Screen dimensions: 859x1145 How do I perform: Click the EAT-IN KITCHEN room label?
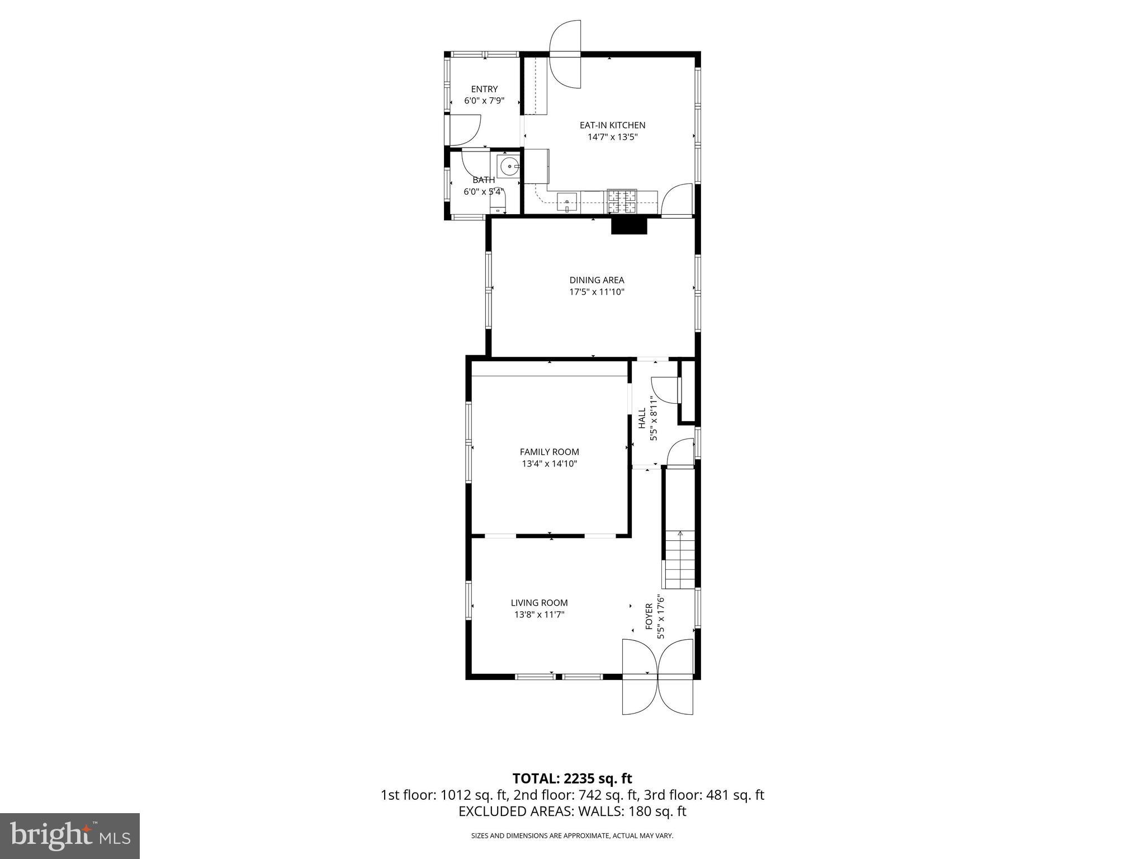tap(612, 125)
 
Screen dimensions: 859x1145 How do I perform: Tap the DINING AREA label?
tap(597, 280)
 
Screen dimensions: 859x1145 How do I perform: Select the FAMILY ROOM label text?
tap(549, 452)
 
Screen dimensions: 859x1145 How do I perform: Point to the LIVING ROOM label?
tap(539, 603)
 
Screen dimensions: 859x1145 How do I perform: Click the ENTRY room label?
tap(484, 89)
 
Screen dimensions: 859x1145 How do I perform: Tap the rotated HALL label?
tap(642, 418)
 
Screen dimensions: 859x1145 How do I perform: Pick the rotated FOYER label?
tap(649, 616)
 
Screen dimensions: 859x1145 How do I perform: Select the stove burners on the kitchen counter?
tap(622, 202)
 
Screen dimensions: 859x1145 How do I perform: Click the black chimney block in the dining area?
tap(628, 226)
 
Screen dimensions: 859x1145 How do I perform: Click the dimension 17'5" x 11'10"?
tap(597, 291)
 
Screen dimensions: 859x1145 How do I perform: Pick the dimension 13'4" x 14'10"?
tap(549, 464)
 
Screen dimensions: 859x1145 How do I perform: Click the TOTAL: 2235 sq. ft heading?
tap(572, 778)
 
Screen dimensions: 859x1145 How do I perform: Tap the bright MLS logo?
tap(70, 836)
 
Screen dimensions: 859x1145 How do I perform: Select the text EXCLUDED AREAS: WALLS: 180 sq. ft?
tap(572, 811)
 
